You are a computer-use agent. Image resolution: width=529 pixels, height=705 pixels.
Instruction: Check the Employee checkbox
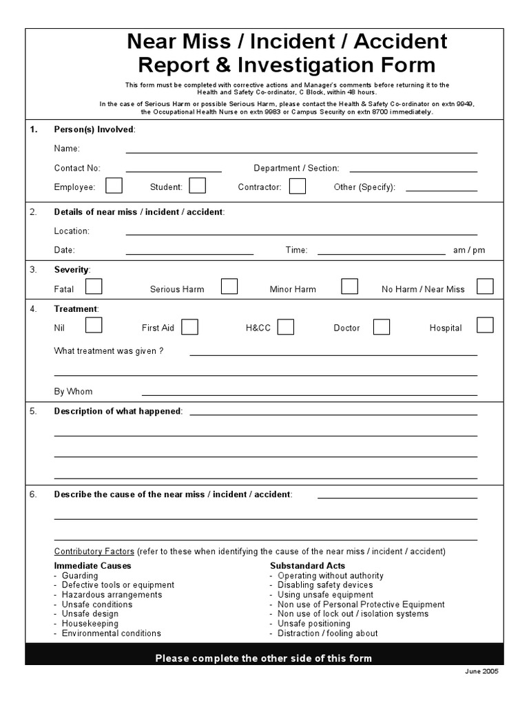point(114,186)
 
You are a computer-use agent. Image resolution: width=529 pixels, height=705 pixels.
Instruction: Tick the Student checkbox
point(198,186)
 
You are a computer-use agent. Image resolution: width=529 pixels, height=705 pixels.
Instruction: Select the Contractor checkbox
point(298,186)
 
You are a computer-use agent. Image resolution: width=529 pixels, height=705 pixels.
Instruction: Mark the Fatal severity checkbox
point(94,286)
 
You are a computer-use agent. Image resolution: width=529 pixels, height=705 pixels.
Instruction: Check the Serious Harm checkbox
point(229,286)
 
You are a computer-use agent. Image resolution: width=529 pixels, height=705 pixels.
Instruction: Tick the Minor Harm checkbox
point(350,286)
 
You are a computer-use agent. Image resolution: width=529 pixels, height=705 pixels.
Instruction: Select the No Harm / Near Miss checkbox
point(485,286)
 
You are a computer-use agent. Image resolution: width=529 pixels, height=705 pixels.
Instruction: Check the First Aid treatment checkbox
point(190,326)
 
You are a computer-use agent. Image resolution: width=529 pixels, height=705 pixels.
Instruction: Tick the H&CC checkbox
point(286,326)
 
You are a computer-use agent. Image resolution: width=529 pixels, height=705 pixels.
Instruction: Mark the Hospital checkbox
point(485,325)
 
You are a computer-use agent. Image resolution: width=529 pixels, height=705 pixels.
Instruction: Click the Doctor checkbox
point(382,326)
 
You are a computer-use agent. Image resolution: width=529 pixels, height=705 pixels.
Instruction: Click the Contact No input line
point(174,169)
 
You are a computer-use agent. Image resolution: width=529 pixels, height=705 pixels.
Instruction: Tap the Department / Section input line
point(413,169)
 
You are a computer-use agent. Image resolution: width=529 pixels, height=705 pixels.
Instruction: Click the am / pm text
point(469,251)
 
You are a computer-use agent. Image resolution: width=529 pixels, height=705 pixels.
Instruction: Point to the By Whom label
point(73,392)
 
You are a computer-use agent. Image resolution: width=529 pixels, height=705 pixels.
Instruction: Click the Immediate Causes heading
point(92,566)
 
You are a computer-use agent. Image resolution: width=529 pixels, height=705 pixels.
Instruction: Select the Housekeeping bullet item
point(90,624)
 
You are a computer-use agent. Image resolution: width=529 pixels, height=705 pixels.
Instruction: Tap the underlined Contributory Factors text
point(94,551)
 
